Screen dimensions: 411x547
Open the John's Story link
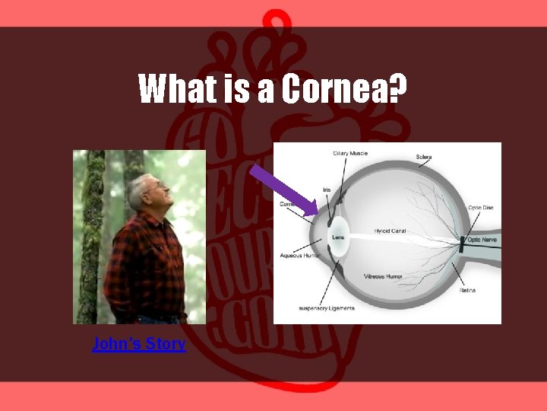coord(138,344)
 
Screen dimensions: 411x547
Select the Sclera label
coord(423,158)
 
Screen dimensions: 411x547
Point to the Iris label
coord(327,190)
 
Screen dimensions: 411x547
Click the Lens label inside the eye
coord(338,237)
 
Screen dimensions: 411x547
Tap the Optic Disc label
coord(480,207)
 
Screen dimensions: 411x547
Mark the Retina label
coord(467,290)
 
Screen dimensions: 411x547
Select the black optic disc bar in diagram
coord(460,244)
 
